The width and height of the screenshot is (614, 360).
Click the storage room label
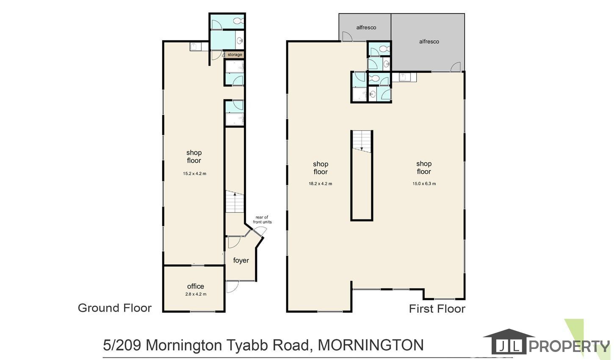click(x=235, y=55)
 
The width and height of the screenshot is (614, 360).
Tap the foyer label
click(x=241, y=260)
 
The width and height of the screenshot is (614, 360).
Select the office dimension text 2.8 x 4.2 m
click(x=196, y=294)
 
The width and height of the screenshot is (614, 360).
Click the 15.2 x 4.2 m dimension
click(x=195, y=174)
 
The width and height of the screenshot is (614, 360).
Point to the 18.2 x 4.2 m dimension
click(x=321, y=184)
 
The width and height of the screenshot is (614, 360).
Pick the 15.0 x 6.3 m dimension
click(x=424, y=184)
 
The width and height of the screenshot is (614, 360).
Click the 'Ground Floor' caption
click(x=115, y=308)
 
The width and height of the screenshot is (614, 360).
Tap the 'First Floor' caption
click(x=437, y=309)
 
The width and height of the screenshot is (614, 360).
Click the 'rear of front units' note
click(x=262, y=220)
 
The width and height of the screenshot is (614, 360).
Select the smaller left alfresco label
click(x=366, y=28)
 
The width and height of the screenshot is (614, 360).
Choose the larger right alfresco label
click(x=429, y=42)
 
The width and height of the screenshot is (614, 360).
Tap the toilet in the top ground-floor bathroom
click(x=238, y=21)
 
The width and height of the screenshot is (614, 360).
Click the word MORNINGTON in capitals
click(x=371, y=345)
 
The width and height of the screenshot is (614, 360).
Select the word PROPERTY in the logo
click(x=569, y=346)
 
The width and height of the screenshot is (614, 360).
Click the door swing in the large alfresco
click(x=455, y=67)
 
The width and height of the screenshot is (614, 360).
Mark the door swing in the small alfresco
click(x=347, y=36)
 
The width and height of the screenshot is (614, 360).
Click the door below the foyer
click(x=232, y=287)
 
